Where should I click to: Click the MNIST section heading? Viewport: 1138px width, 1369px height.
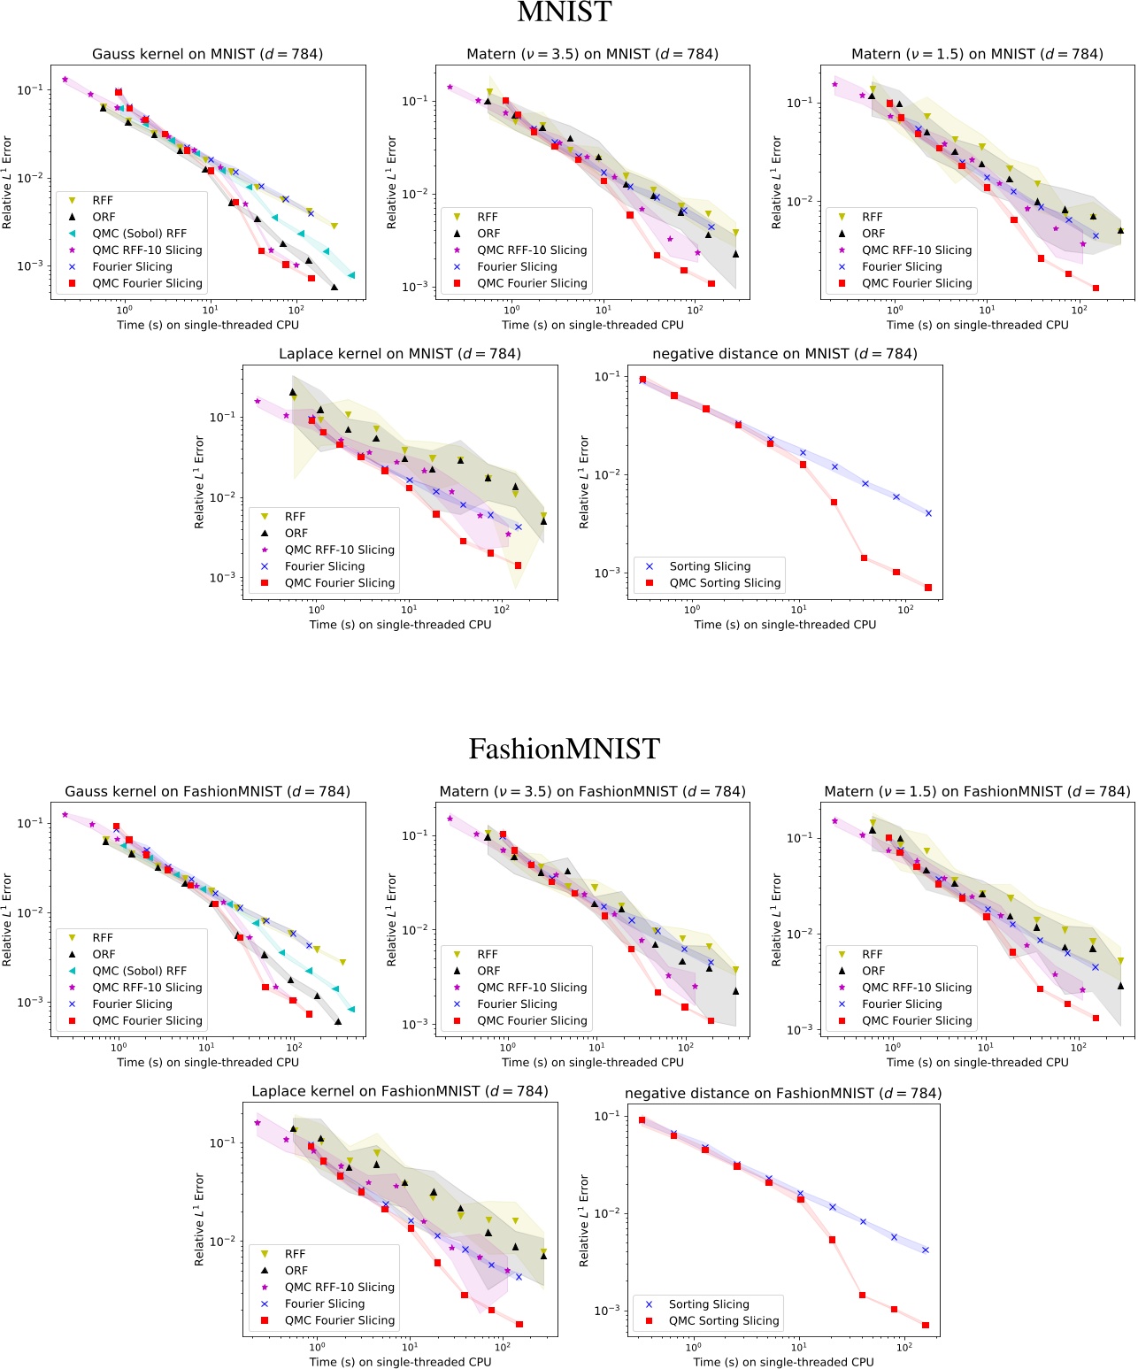pyautogui.click(x=564, y=12)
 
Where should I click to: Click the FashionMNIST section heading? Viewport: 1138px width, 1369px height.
pyautogui.click(x=564, y=749)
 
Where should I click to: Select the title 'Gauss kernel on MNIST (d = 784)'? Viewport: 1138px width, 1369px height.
pyautogui.click(x=207, y=54)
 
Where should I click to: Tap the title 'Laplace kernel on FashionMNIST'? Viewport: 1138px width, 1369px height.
pyautogui.click(x=400, y=1091)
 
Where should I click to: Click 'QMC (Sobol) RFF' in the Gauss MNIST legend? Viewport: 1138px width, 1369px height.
pyautogui.click(x=139, y=234)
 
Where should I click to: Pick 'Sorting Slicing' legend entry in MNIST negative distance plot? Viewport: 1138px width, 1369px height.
pyautogui.click(x=710, y=566)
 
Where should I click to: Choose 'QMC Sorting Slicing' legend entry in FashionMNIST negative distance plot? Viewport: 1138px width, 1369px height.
pyautogui.click(x=724, y=1320)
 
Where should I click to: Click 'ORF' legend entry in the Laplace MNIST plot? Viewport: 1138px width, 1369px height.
pyautogui.click(x=296, y=534)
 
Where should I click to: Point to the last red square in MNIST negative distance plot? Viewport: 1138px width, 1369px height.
pyautogui.click(x=928, y=588)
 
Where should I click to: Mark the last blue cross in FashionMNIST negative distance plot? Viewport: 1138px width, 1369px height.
pyautogui.click(x=926, y=1250)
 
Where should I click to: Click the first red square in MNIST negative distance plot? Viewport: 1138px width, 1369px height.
pyautogui.click(x=642, y=380)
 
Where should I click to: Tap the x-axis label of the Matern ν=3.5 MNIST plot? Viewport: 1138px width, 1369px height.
pyautogui.click(x=593, y=325)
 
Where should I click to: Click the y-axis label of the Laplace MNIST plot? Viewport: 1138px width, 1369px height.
pyautogui.click(x=199, y=482)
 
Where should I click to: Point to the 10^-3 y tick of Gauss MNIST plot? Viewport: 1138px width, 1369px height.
pyautogui.click(x=30, y=265)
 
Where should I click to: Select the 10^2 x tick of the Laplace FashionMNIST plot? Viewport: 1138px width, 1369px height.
pyautogui.click(x=503, y=1347)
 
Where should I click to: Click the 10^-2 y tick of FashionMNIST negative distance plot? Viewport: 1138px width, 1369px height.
pyautogui.click(x=607, y=1213)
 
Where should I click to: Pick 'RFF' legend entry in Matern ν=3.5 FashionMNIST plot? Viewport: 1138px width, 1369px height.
pyautogui.click(x=488, y=954)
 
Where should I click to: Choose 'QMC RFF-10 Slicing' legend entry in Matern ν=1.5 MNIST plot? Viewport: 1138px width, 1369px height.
pyautogui.click(x=917, y=250)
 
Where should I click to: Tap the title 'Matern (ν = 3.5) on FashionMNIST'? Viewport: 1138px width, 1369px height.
pyautogui.click(x=592, y=791)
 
